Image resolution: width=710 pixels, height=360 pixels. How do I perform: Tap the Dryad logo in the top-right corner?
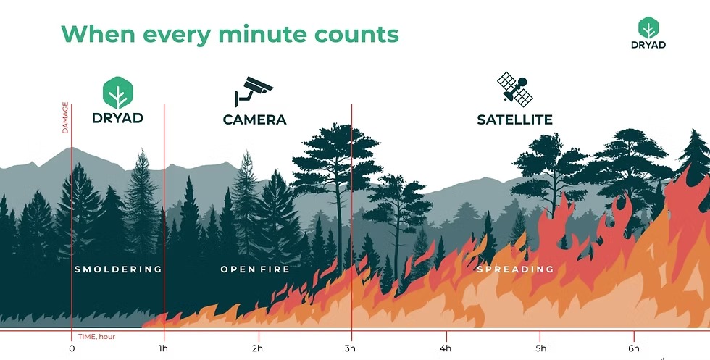(x=648, y=33)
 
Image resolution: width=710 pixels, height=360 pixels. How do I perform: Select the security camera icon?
(x=254, y=91)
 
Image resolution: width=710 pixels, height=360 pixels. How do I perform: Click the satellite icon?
(x=515, y=89)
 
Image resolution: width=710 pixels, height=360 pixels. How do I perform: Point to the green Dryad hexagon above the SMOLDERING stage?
(x=117, y=93)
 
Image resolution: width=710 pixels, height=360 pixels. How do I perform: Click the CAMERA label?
(x=254, y=120)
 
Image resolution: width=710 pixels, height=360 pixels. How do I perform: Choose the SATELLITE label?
(x=515, y=120)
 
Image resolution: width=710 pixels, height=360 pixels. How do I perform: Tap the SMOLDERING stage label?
(x=118, y=269)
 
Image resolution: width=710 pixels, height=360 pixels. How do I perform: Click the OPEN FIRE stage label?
(x=255, y=269)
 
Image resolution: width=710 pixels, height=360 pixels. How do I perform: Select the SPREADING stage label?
(x=515, y=269)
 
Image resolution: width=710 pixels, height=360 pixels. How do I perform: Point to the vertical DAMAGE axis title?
(x=65, y=118)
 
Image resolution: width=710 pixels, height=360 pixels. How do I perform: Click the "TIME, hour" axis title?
(x=96, y=336)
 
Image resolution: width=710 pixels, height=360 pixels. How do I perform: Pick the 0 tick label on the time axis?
(x=72, y=348)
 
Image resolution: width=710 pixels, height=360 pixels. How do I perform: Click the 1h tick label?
(x=164, y=348)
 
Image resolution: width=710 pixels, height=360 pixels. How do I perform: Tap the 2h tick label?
(x=257, y=348)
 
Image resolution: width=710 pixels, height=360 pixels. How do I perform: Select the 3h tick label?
(x=349, y=348)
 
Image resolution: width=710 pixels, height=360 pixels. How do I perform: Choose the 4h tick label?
(x=446, y=348)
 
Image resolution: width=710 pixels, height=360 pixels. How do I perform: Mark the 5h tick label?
(x=540, y=348)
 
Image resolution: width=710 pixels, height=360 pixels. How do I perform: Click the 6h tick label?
(x=634, y=348)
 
